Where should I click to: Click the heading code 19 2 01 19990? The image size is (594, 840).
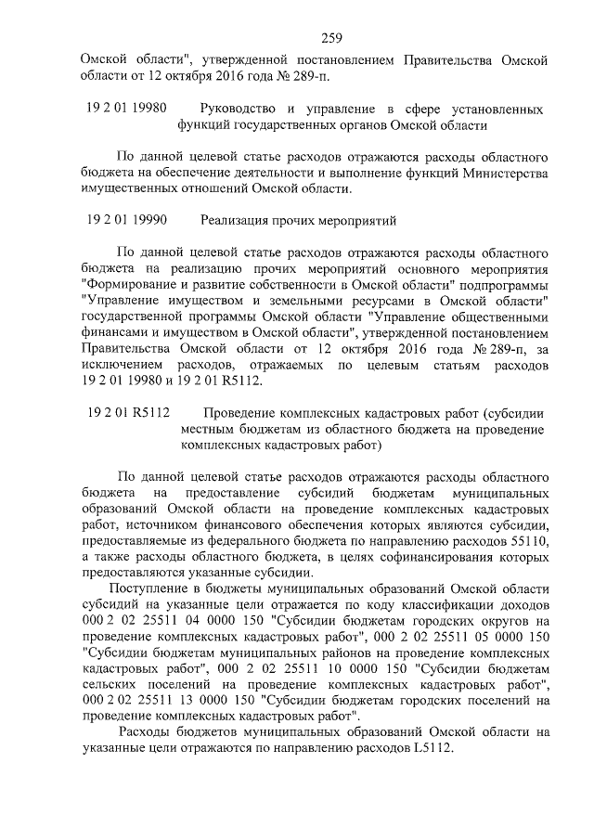coord(127,221)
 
